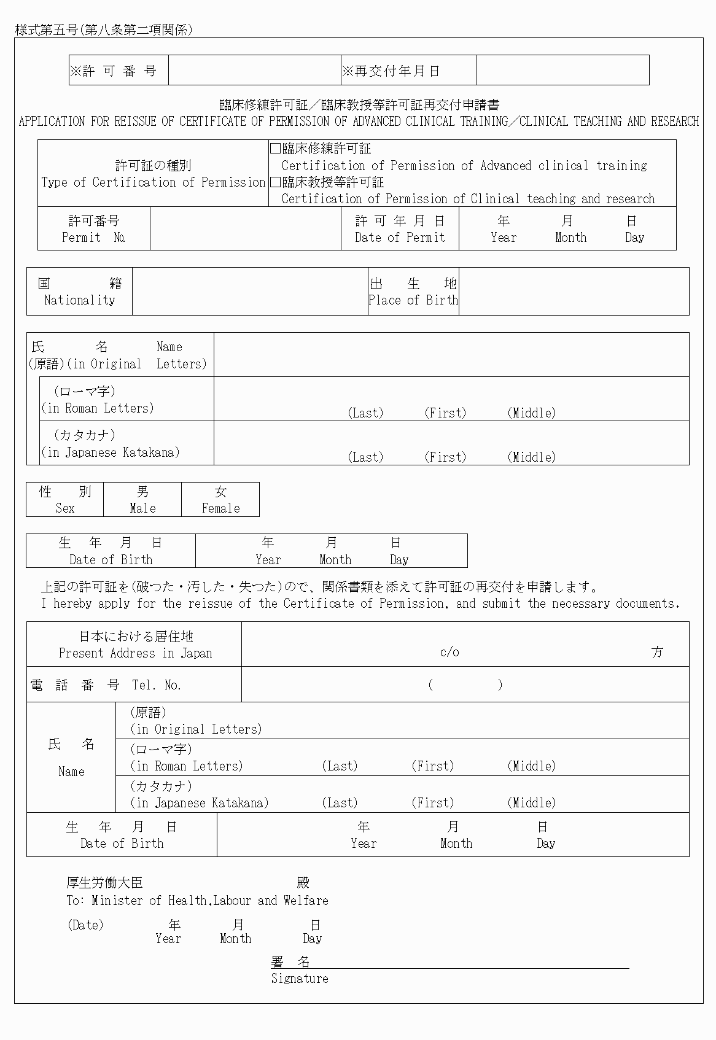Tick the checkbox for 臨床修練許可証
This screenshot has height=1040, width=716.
[276, 149]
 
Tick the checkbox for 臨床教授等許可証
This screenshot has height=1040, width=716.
[276, 182]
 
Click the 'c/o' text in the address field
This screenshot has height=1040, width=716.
[449, 652]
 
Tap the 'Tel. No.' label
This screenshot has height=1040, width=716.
[157, 685]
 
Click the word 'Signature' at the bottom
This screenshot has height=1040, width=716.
[300, 979]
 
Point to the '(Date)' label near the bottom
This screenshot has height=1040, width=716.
[85, 925]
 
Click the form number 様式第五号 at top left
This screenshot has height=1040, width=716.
[46, 29]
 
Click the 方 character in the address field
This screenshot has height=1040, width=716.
[657, 652]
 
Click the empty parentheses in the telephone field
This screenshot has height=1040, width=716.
[465, 685]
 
